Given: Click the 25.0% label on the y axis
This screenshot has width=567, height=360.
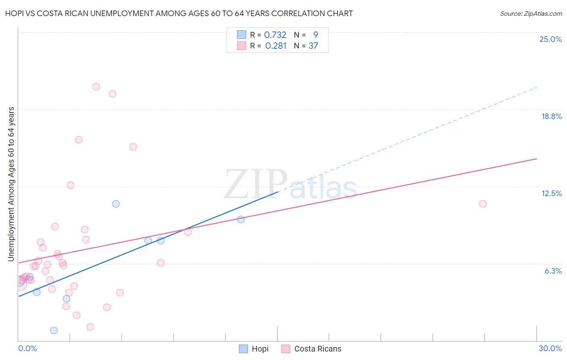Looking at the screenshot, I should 550,39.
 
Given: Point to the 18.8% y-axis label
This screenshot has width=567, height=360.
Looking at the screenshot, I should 551,116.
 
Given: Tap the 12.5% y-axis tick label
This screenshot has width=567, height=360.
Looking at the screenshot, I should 551,193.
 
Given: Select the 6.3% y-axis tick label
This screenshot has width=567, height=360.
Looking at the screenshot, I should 553,271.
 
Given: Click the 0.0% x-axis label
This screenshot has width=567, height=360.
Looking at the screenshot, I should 27,348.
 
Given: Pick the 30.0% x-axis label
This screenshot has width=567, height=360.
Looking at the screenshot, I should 550,348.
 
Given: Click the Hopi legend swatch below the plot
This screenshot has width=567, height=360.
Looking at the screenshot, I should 243,349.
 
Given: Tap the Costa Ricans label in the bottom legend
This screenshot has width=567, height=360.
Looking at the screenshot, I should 318,349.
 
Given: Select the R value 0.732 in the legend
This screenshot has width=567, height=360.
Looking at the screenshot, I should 275,35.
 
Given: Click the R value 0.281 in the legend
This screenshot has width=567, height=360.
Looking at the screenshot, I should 276,46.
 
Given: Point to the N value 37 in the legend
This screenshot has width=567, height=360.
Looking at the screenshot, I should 313,46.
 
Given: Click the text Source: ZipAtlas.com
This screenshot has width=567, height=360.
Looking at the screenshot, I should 531,13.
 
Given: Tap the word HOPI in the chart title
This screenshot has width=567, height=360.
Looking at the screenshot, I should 14,13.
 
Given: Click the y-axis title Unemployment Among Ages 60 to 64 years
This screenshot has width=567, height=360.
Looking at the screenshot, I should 11,184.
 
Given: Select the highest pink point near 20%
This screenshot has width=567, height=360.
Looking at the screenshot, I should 96,87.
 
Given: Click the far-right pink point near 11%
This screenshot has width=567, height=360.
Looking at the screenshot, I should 483,204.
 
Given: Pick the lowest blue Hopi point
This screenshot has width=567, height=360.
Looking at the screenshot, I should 54,331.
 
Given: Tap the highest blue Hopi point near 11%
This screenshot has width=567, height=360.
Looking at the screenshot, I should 116,204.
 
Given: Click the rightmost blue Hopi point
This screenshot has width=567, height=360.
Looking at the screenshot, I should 241,220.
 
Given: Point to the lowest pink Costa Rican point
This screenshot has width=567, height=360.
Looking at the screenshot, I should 90,327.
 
